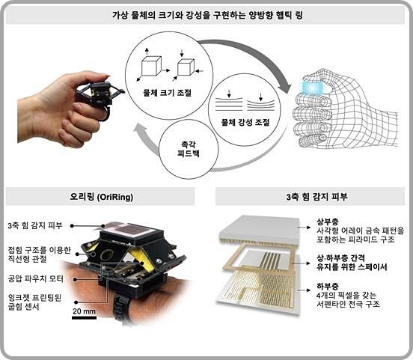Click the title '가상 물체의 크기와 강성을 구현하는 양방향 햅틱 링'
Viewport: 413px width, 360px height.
coord(206,16)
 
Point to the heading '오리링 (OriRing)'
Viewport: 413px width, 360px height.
coord(100,197)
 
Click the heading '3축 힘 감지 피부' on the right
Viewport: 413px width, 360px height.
coord(309,197)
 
